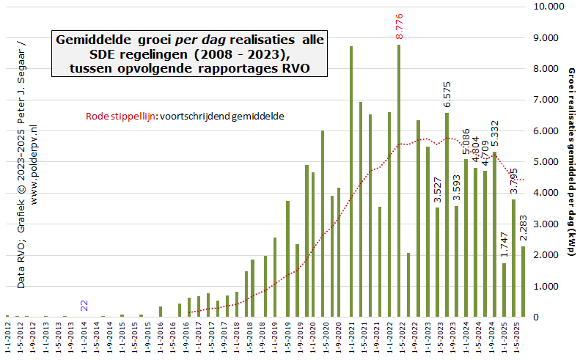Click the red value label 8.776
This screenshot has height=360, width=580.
[x=400, y=26]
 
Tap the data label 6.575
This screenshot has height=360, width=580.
[x=447, y=95]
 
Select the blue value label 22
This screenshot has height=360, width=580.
[x=84, y=305]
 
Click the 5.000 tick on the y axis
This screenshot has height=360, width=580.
[x=549, y=162]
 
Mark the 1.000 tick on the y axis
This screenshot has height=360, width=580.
[x=549, y=287]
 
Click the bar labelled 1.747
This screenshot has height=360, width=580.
[x=504, y=290]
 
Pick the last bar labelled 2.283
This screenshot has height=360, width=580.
[x=523, y=282]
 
